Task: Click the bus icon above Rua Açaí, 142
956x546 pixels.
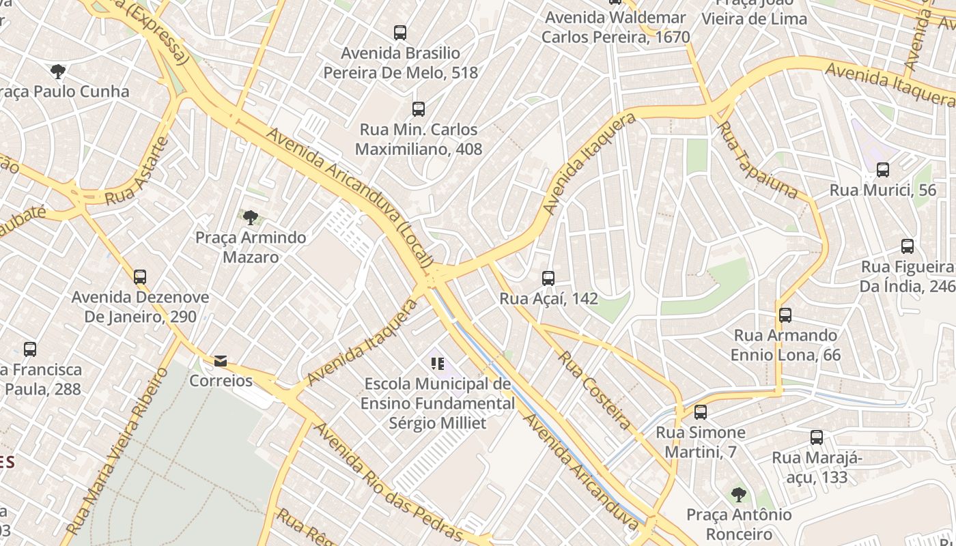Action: (548, 278)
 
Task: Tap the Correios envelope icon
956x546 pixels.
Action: (220, 361)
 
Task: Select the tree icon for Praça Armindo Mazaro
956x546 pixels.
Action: (251, 218)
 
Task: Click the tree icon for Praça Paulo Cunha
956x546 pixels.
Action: (58, 71)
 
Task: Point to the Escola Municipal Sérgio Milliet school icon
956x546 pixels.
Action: (437, 364)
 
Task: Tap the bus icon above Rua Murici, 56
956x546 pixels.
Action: (882, 170)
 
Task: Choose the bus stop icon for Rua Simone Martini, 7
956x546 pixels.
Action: (700, 412)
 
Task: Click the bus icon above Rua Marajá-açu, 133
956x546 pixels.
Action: (816, 437)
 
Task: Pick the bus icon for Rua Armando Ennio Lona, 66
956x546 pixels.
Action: (785, 315)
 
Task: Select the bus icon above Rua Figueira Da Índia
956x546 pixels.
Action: (907, 246)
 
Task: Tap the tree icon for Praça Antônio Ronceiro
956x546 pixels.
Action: (737, 494)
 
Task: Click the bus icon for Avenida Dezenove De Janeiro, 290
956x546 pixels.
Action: (140, 277)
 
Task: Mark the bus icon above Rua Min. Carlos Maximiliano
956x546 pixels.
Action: (418, 109)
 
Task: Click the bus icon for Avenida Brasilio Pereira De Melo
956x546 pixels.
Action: (399, 33)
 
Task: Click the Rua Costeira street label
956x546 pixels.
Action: (594, 390)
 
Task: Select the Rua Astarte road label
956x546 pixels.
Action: (137, 173)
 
